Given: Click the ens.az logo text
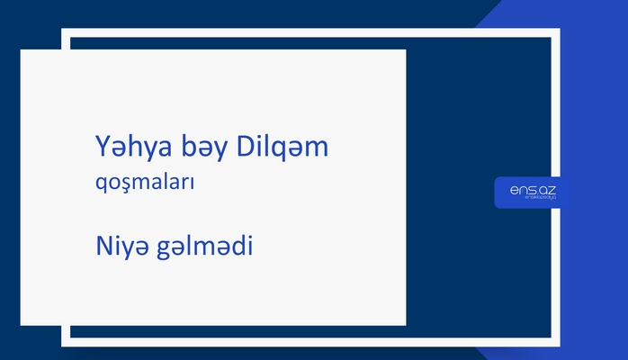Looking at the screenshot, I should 533,188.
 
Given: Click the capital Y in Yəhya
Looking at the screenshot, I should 101,145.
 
